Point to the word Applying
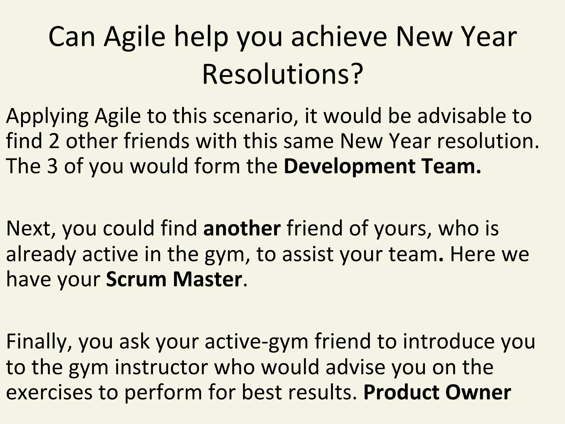47,117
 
